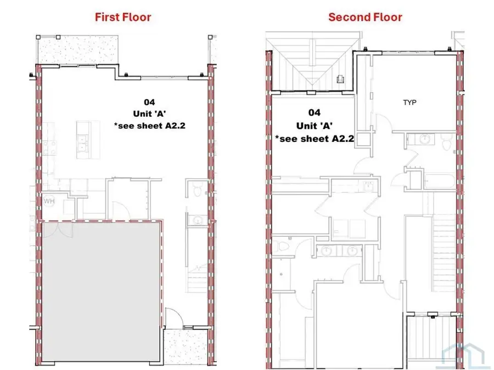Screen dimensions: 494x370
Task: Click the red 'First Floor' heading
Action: pos(123,17)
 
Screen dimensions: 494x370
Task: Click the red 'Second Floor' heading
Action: pos(365,17)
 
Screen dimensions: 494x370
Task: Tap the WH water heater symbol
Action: pos(49,201)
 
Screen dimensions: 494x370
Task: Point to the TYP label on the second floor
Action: pos(409,103)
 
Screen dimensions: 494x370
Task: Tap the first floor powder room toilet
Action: pos(198,190)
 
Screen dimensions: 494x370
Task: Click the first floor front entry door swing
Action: pos(173,318)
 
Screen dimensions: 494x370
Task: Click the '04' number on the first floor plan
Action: pos(149,102)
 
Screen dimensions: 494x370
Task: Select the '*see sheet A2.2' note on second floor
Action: pos(315,139)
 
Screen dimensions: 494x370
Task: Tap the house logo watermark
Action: pos(463,356)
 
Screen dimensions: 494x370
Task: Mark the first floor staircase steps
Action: pos(198,278)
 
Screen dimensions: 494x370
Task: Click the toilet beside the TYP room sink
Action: pos(447,143)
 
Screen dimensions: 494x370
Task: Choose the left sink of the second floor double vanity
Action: pos(327,251)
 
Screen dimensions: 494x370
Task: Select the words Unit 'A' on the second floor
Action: pos(315,126)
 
